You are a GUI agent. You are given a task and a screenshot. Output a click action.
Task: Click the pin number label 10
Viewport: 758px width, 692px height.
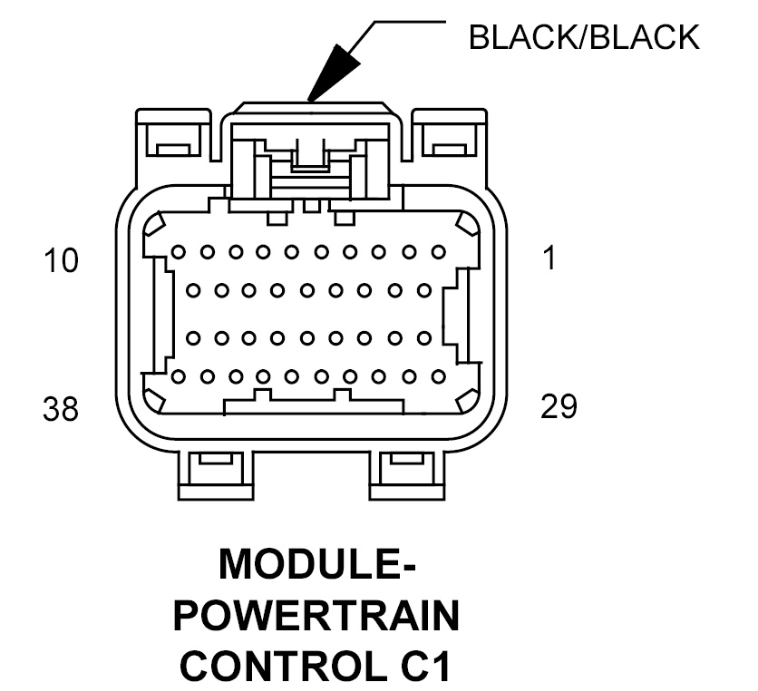62,261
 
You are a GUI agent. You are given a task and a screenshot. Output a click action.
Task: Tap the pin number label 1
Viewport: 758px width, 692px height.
549,258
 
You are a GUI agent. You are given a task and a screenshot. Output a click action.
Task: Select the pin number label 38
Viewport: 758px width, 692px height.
62,409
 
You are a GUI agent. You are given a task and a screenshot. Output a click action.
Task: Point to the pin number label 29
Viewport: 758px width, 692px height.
559,406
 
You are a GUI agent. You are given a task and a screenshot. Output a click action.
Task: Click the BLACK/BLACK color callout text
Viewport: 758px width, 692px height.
584,37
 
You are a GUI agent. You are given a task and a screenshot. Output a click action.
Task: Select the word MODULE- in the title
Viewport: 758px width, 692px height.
316,565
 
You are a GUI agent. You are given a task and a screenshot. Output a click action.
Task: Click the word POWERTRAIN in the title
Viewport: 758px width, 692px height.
316,617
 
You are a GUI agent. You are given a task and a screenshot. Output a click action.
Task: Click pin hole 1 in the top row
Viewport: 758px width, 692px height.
439,251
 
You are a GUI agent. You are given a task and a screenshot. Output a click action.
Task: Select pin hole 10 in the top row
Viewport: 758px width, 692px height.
178,251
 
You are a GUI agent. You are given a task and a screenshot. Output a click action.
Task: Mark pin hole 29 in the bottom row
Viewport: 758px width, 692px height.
439,375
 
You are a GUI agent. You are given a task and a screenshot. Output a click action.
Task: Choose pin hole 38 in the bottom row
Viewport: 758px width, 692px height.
178,375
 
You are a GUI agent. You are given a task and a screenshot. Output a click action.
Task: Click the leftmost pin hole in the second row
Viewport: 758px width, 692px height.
193,291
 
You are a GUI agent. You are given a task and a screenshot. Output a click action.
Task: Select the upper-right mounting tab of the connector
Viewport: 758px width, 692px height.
450,136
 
